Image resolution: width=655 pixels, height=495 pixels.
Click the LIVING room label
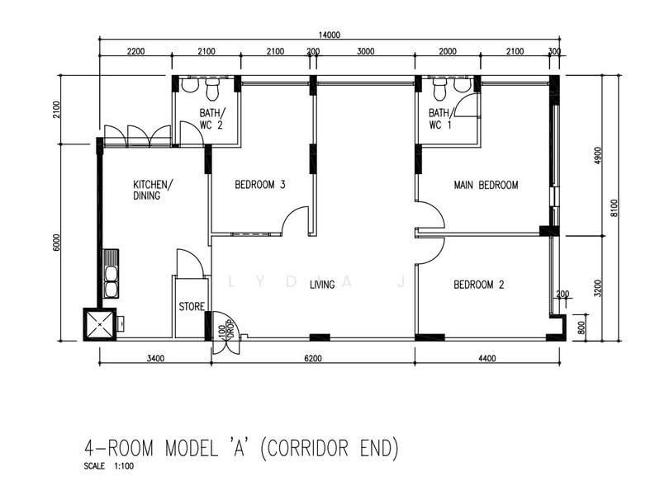point(322,285)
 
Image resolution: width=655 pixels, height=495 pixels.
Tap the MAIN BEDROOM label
point(486,185)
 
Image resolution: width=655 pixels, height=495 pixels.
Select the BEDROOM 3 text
point(260,185)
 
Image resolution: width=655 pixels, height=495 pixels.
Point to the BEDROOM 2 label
point(479,285)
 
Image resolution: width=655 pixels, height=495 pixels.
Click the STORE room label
point(192,307)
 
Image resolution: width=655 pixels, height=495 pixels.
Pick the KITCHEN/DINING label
point(153,190)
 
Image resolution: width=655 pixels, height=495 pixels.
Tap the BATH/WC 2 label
point(212,119)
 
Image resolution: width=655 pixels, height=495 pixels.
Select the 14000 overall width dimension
point(330,35)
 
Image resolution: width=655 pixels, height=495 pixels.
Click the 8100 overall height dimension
point(614,208)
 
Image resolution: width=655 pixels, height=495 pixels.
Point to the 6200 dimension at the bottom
point(313,358)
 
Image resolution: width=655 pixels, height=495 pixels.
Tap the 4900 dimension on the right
point(598,155)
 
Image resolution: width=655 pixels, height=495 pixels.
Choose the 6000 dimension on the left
point(57,243)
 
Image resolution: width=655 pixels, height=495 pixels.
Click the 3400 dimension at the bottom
point(155,358)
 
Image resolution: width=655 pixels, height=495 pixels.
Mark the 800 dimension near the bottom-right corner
point(581,328)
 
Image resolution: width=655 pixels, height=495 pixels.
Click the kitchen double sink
point(111,274)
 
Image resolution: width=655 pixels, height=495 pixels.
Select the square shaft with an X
point(100,324)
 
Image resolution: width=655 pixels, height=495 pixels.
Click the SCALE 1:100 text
point(108,466)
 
